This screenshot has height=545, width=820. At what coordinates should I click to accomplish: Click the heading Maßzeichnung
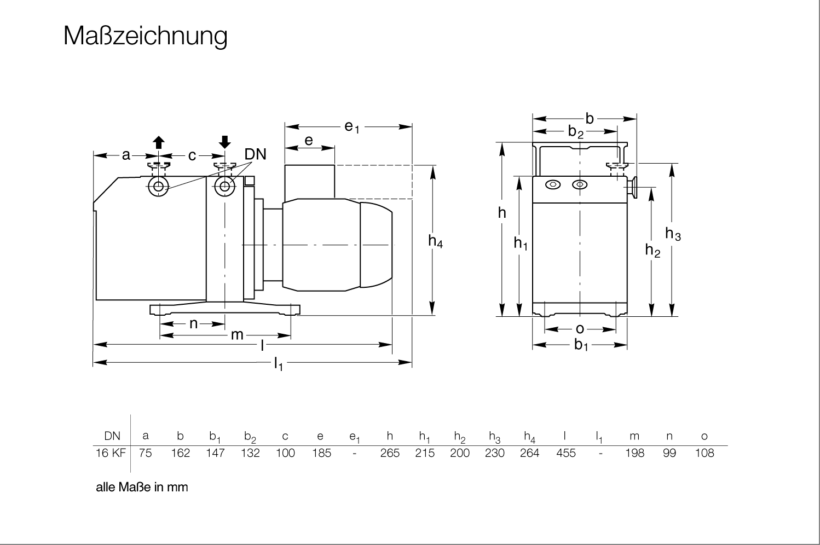[145, 36]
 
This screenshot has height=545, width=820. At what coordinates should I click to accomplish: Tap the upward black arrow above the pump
[159, 143]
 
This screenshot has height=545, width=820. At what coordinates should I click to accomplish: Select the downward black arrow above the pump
[224, 142]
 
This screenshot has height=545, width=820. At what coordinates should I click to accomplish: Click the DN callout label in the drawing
[255, 154]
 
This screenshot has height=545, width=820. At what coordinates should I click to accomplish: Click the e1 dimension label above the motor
[351, 127]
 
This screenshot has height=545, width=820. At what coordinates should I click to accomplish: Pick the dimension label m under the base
[236, 334]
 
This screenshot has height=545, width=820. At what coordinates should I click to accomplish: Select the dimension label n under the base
[193, 323]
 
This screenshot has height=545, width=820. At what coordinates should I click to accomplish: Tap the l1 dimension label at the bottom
[279, 363]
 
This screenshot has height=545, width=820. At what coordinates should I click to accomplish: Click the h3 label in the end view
[673, 234]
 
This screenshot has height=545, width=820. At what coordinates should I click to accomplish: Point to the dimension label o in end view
[580, 329]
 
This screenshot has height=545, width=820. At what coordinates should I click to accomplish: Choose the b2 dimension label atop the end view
[575, 131]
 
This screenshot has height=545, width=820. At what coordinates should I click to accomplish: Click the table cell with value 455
[565, 453]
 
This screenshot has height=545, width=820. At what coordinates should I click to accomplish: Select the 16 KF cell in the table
[111, 453]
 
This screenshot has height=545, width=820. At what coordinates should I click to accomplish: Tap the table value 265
[390, 453]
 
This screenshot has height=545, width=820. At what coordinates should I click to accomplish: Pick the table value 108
[704, 453]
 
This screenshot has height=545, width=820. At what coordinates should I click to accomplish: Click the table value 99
[669, 453]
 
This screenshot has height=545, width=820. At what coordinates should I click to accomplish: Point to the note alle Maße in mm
[142, 487]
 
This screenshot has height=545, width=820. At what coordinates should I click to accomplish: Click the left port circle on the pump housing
[159, 187]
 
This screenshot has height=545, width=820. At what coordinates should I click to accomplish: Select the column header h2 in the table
[460, 437]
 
